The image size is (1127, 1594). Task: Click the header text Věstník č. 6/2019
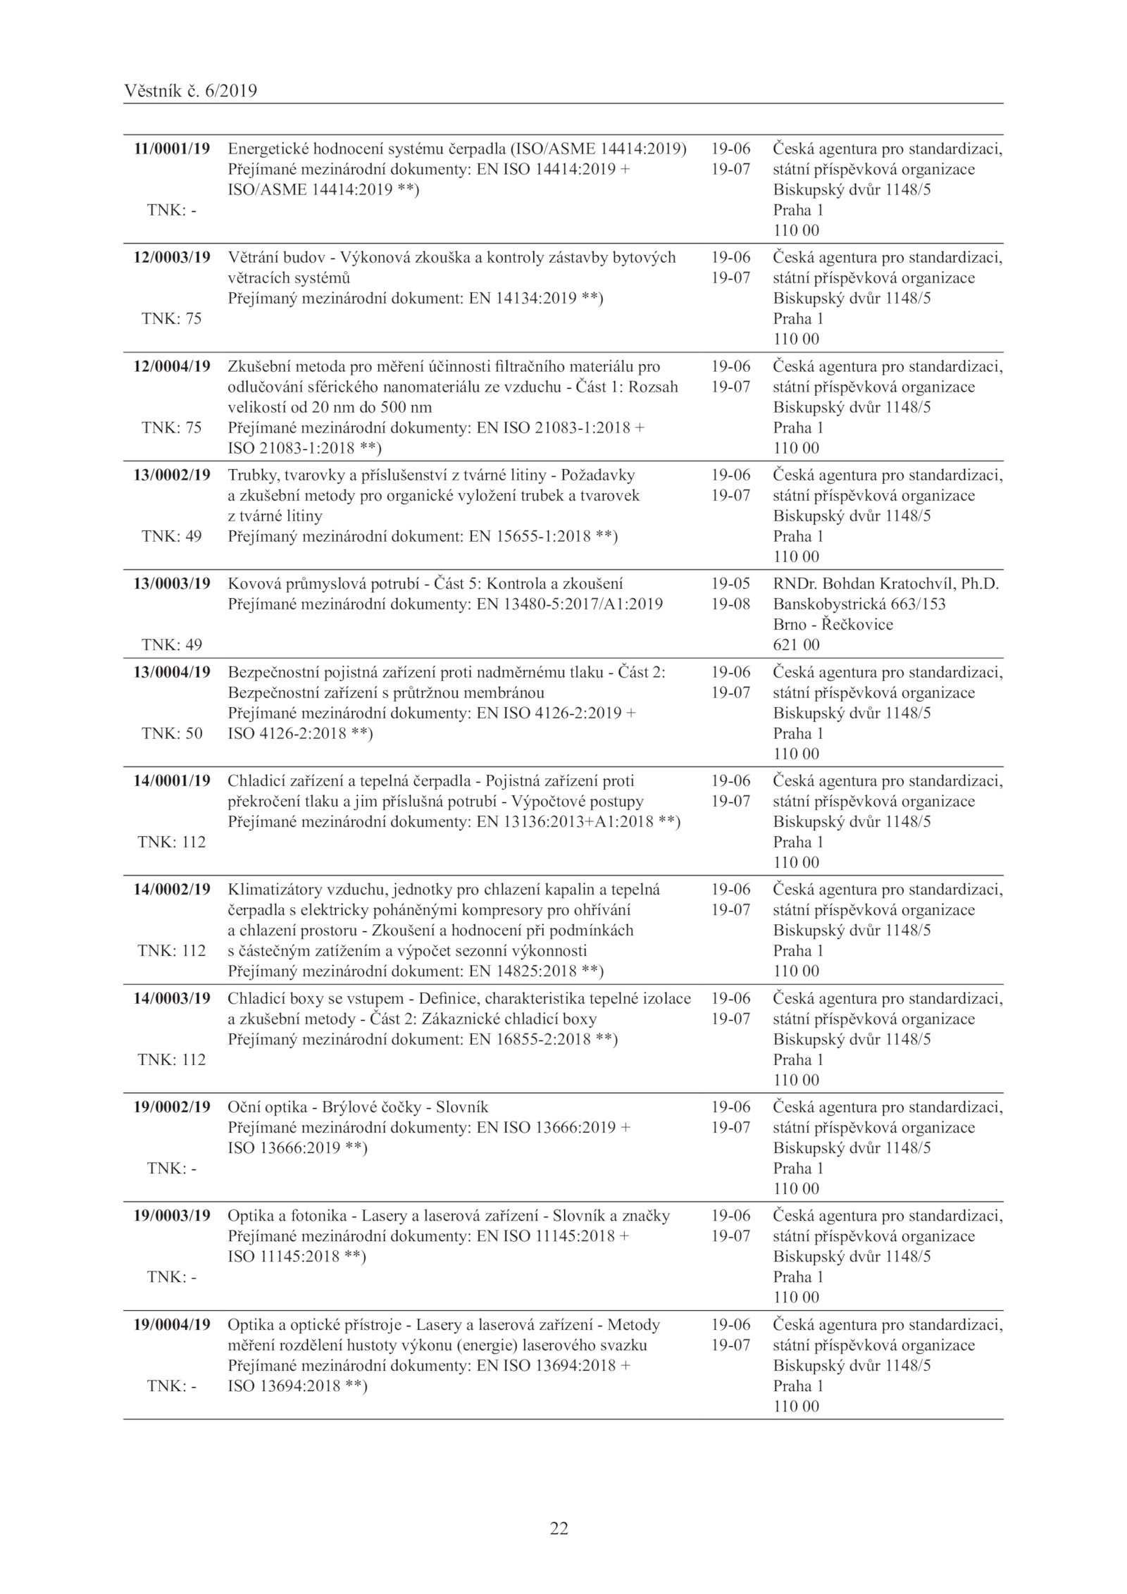pyautogui.click(x=190, y=91)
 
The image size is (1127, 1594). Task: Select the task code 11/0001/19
pyautogui.click(x=172, y=149)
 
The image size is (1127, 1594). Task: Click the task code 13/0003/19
pyautogui.click(x=172, y=583)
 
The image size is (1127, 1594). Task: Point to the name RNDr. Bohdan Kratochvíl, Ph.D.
pyautogui.click(x=887, y=583)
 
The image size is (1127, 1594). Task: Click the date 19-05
pyautogui.click(x=730, y=583)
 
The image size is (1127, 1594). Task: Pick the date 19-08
pyautogui.click(x=730, y=604)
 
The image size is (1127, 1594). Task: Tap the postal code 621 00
pyautogui.click(x=796, y=645)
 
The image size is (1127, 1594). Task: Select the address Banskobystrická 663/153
pyautogui.click(x=859, y=604)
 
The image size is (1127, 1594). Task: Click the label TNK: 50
pyautogui.click(x=172, y=733)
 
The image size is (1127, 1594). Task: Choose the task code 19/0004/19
pyautogui.click(x=172, y=1324)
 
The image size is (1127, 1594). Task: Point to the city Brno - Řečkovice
pyautogui.click(x=833, y=624)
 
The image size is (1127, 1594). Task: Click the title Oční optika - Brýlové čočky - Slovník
pyautogui.click(x=358, y=1107)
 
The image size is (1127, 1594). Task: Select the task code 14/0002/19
pyautogui.click(x=172, y=889)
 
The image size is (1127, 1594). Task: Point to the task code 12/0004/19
pyautogui.click(x=172, y=366)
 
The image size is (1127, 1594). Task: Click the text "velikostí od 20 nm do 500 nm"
pyautogui.click(x=330, y=407)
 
